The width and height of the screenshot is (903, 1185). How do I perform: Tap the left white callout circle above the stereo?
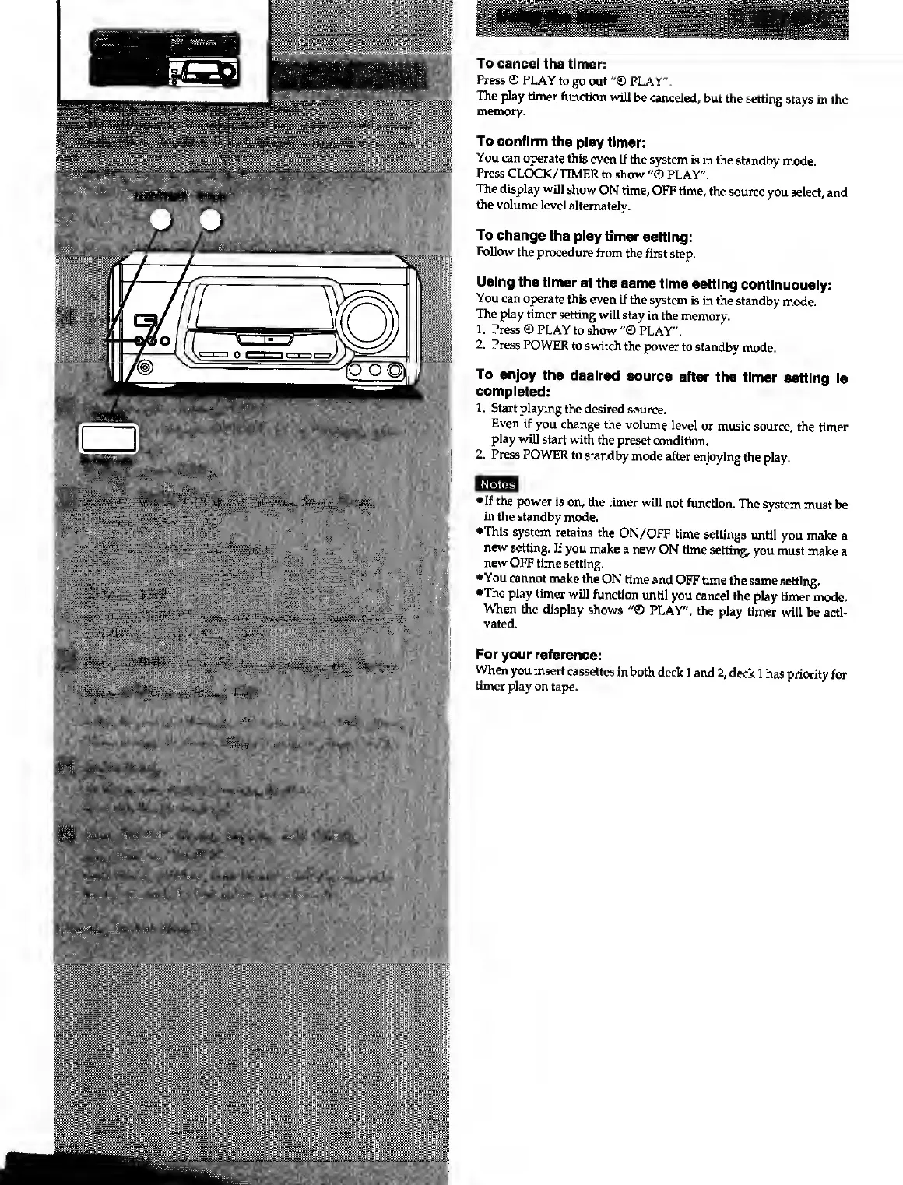163,221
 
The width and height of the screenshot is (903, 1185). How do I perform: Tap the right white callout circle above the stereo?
209,221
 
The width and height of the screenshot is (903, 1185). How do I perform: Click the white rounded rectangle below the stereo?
107,438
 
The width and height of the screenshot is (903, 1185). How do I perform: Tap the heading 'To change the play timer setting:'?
584,236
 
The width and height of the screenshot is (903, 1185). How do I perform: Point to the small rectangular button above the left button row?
145,320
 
